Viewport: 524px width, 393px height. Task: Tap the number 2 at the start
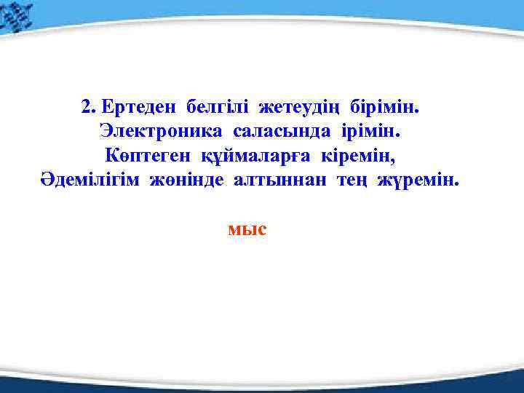(x=87, y=108)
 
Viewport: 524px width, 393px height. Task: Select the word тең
(x=352, y=180)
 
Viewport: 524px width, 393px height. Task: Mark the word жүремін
(x=418, y=180)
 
